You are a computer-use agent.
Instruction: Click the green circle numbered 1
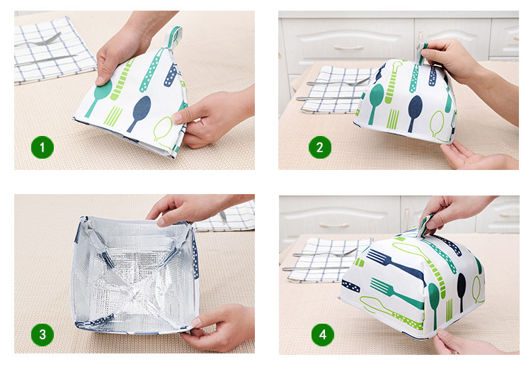[x=42, y=147]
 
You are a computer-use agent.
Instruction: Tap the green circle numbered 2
[x=320, y=147]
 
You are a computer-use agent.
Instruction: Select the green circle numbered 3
[x=42, y=334]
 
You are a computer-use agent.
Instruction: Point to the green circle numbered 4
[x=322, y=335]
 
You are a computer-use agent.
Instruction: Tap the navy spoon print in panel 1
[x=140, y=113]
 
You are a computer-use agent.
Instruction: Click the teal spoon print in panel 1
[x=99, y=97]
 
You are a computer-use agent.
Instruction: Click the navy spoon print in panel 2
[x=414, y=113]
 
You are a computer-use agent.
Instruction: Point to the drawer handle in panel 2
[x=348, y=47]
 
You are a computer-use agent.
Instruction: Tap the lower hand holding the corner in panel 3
[x=217, y=327]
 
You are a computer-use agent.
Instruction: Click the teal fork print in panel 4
[x=396, y=291]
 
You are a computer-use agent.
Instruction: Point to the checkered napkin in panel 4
[x=327, y=260]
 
